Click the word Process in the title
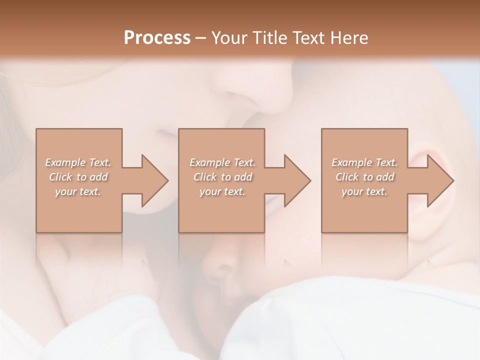click(x=157, y=38)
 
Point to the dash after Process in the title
click(x=200, y=38)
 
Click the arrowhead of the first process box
click(x=154, y=180)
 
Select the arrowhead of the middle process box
click(x=297, y=180)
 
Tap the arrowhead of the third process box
click(x=440, y=180)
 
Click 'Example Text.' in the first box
click(x=78, y=162)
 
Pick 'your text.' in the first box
click(x=78, y=191)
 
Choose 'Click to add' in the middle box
click(x=222, y=177)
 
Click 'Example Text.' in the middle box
click(x=222, y=162)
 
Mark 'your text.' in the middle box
click(x=222, y=191)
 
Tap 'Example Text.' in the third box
click(x=364, y=162)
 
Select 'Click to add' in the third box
click(x=364, y=177)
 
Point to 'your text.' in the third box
click(x=364, y=191)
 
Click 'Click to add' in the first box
click(x=78, y=177)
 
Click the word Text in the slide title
click(x=309, y=38)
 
